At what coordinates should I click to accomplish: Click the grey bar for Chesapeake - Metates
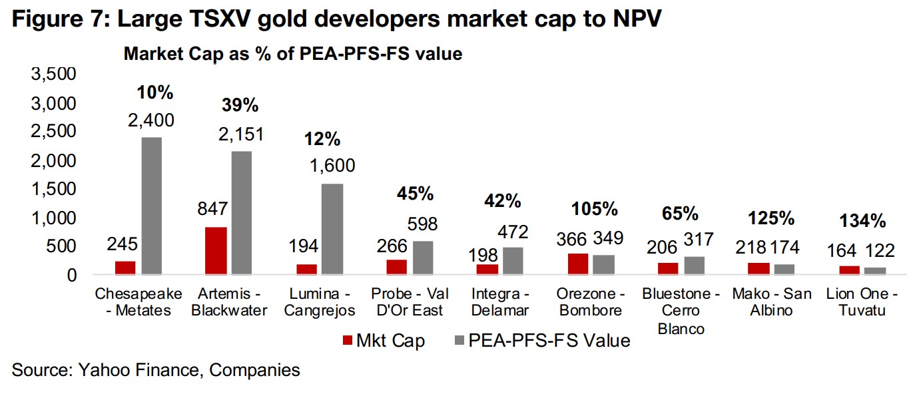(x=151, y=206)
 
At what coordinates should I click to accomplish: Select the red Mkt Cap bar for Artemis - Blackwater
(x=216, y=250)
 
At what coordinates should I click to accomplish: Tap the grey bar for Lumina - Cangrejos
(x=333, y=229)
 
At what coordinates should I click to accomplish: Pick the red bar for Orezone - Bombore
(x=578, y=264)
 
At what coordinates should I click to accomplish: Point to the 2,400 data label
(x=152, y=120)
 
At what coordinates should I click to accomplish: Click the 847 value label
(x=214, y=210)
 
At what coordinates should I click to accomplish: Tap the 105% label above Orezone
(x=595, y=209)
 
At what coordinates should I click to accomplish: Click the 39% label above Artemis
(x=240, y=105)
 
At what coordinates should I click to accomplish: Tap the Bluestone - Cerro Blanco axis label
(x=681, y=311)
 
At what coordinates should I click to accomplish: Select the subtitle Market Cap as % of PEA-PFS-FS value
(x=293, y=54)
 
